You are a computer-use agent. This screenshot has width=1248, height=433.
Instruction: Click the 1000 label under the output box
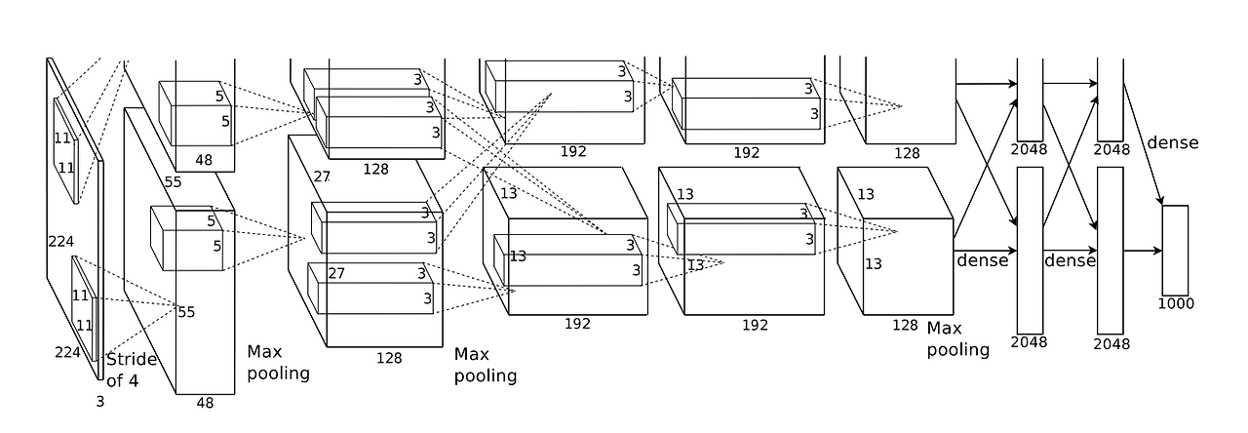1176,303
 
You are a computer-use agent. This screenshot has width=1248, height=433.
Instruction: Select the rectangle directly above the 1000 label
1175,251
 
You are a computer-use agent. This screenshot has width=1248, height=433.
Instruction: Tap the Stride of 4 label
131,370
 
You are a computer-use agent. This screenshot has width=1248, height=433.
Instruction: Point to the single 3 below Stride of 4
100,402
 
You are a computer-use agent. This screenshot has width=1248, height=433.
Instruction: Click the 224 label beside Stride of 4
67,352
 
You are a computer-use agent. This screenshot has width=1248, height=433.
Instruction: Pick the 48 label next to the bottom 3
205,403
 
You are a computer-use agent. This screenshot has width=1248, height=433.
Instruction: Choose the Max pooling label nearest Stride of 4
278,362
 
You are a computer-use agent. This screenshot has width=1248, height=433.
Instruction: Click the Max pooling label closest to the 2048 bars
957,338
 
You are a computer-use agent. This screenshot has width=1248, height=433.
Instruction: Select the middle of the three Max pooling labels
486,365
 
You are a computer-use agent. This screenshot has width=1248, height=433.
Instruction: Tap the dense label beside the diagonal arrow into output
1173,142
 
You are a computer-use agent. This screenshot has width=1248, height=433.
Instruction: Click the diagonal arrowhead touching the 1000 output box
1160,201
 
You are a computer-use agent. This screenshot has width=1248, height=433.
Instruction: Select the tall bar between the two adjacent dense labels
1031,251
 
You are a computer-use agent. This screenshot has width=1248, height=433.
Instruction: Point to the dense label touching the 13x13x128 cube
982,260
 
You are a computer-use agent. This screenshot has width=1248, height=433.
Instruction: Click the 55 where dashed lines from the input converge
186,312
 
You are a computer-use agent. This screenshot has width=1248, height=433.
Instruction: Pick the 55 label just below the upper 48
173,182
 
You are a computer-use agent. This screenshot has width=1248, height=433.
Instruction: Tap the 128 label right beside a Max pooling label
905,325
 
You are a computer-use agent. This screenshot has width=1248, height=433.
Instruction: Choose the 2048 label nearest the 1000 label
1111,344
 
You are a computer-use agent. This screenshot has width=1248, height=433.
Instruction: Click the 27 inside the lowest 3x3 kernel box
336,273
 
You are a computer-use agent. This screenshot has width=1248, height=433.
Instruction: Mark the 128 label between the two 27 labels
375,169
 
